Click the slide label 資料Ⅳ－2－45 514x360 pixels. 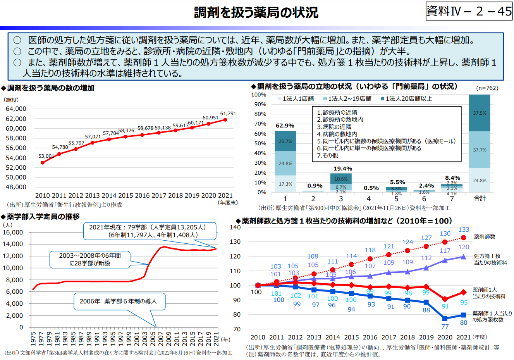pyautogui.click(x=469, y=11)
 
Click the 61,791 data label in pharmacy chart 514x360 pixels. pyautogui.click(x=228, y=114)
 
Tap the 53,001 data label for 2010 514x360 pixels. pyautogui.click(x=46, y=156)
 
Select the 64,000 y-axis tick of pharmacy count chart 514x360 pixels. pyautogui.click(x=16, y=109)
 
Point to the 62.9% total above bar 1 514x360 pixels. pyautogui.click(x=285, y=126)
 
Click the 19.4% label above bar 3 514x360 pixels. pyautogui.click(x=343, y=169)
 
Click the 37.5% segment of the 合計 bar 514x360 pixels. pyautogui.click(x=480, y=113)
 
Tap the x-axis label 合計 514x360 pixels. pyautogui.click(x=480, y=198)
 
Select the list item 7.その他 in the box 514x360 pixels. pyautogui.click(x=327, y=155)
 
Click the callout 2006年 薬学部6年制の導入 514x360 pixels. pyautogui.click(x=118, y=301)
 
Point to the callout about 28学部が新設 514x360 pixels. pyautogui.click(x=90, y=259)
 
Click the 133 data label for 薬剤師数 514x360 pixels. pyautogui.click(x=464, y=230)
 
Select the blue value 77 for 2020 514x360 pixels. pyautogui.click(x=445, y=326)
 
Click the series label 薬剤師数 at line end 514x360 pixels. pyautogui.click(x=484, y=237)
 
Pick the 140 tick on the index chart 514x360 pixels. pyautogui.click(x=235, y=227)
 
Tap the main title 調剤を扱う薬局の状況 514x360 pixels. pyautogui.click(x=256, y=12)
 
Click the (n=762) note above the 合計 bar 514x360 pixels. pyautogui.click(x=487, y=88)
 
